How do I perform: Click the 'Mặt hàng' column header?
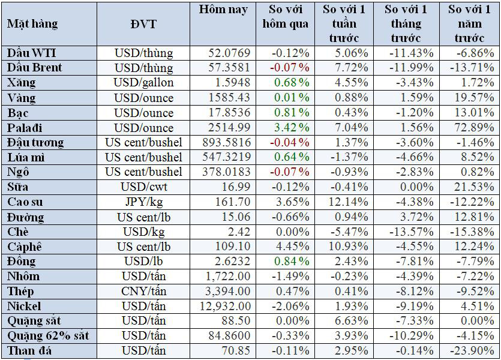pos(33,24)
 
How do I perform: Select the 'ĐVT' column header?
pos(143,24)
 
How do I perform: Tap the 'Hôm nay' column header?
pos(223,10)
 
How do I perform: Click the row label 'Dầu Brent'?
pos(35,68)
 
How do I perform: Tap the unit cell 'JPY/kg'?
pos(143,202)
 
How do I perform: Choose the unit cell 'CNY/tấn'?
pos(143,291)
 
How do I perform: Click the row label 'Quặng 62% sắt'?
pos(48,336)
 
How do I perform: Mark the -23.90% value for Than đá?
pos(471,350)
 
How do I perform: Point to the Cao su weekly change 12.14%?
pos(350,202)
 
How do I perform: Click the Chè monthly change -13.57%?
pos(410,232)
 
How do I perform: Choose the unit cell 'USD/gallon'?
pos(143,83)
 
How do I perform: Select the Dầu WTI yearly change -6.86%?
pos(473,53)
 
